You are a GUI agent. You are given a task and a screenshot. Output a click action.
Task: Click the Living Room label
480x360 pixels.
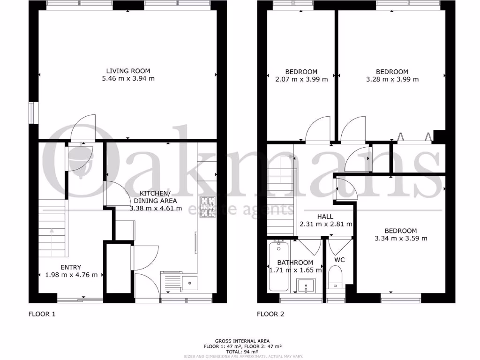(x=128, y=71)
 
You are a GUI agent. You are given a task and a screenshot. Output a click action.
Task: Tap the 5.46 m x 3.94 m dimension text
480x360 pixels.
(x=128, y=79)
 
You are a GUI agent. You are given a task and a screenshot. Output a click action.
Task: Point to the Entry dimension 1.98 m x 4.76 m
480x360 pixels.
(x=71, y=275)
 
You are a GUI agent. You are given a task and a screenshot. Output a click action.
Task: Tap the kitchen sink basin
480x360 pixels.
(x=190, y=282)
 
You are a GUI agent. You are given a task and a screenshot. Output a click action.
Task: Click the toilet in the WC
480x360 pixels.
(x=335, y=277)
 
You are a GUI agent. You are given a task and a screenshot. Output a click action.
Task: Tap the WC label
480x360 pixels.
(x=340, y=259)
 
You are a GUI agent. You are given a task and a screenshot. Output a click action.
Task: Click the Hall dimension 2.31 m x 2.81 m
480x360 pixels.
(x=326, y=224)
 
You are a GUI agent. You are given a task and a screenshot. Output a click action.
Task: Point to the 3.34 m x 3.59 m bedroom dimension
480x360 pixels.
(x=401, y=238)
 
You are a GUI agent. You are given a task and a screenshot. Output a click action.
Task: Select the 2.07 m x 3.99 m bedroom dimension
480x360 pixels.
(x=301, y=79)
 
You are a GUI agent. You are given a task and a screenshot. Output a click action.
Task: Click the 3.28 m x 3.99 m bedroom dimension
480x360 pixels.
(x=392, y=79)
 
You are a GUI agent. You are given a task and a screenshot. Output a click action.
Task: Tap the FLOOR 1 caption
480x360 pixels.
(x=42, y=314)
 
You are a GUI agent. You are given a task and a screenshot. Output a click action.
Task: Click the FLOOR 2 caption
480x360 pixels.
(x=270, y=314)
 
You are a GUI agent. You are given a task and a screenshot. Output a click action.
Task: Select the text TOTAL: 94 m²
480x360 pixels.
(x=242, y=351)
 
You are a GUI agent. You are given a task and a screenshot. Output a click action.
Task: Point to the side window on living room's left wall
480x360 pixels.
(x=33, y=113)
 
